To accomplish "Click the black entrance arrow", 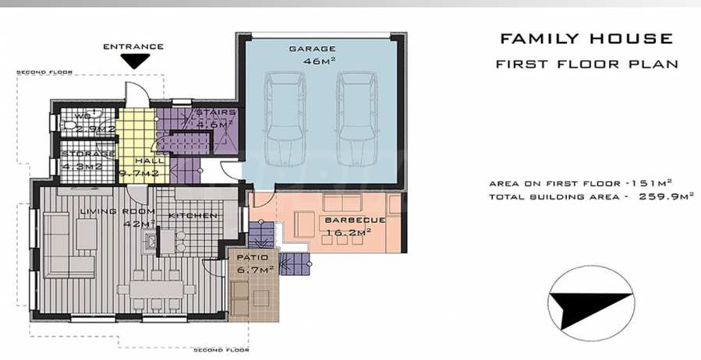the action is coord(135,61).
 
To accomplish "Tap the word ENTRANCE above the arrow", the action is coord(133,47).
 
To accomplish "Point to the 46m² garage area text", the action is coord(320,62).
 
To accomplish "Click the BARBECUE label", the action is coord(355,220).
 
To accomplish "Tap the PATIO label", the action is coord(253,257).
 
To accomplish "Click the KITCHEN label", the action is coord(193,215).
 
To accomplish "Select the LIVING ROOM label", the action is coord(117,211).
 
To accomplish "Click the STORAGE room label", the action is coord(87,154).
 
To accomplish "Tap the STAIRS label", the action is coord(215,112).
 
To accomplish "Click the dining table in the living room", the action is coord(157,289).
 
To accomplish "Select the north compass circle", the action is coord(591,304).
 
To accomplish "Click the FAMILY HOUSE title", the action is coord(586,39).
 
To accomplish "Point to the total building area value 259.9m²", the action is coord(666,196).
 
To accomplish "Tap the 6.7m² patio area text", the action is coord(255,270).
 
